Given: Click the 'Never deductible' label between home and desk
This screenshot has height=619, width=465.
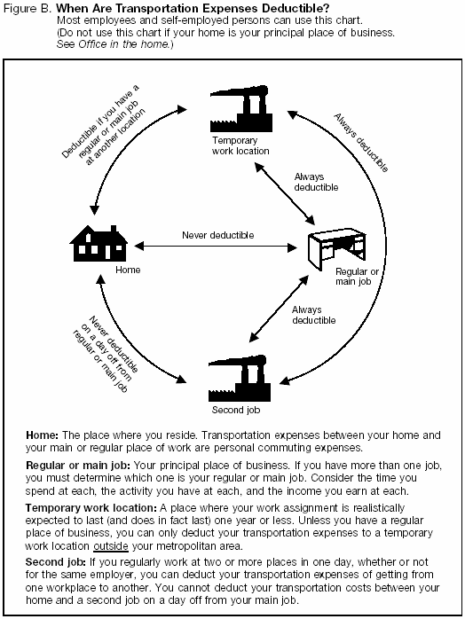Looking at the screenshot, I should click(217, 235).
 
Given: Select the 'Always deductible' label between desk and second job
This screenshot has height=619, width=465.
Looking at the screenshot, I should click(313, 314).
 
